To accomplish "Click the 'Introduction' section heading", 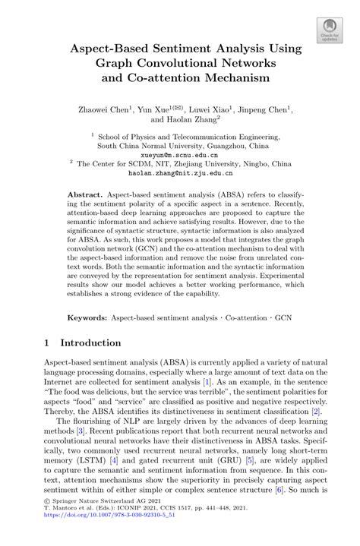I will click(92, 343).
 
